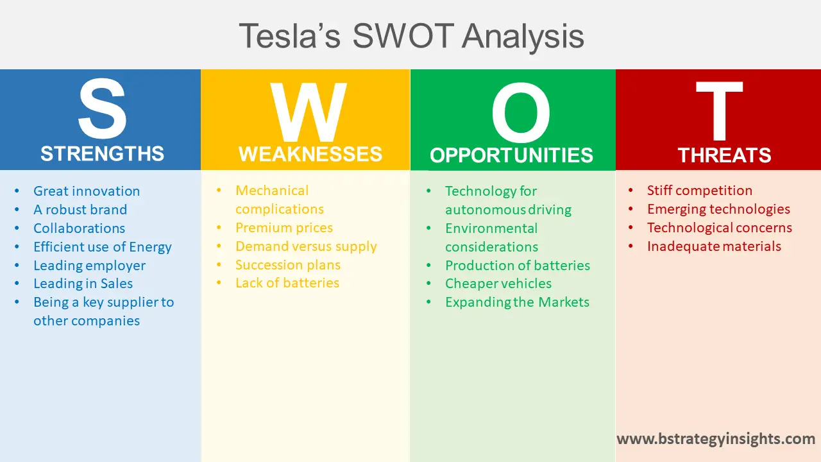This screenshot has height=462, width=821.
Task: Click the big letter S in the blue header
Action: point(102,111)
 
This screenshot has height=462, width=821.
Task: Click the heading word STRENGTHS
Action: point(102,154)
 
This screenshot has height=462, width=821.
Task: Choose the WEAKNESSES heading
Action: point(310,155)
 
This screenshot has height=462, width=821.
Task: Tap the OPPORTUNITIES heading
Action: point(511,156)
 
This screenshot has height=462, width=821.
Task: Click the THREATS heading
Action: point(724,156)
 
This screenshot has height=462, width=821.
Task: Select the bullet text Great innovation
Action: point(87,191)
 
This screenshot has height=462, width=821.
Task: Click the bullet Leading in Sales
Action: point(83,284)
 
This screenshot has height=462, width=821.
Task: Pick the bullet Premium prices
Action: point(284,228)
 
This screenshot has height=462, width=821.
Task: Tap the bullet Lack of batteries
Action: point(287,283)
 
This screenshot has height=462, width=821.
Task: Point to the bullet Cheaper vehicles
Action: point(498,284)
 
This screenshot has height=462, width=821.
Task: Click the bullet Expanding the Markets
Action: point(517,302)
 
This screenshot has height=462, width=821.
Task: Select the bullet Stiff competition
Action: point(700,191)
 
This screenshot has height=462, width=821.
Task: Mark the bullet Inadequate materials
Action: point(714,246)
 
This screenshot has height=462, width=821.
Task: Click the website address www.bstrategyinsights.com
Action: point(716,439)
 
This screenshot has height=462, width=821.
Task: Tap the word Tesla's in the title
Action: point(290,36)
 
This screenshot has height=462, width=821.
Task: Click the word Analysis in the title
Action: point(523,36)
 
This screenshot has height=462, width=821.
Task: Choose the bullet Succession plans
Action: point(288,265)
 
